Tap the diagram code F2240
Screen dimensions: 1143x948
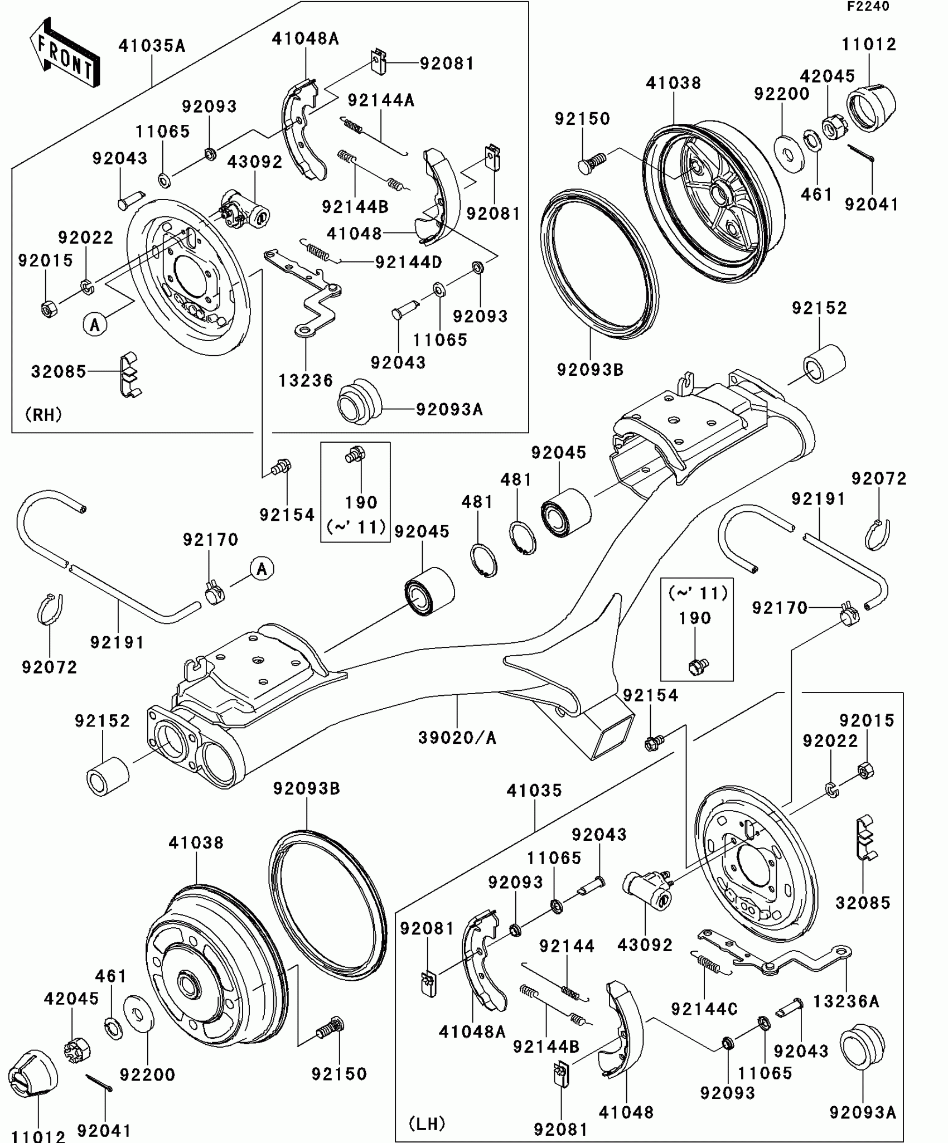(868, 7)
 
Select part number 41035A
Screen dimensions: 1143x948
(151, 46)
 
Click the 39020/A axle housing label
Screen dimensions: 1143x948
(457, 738)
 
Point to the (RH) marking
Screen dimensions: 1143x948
(43, 414)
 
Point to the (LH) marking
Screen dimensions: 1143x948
(427, 1123)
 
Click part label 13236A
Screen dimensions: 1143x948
(846, 1001)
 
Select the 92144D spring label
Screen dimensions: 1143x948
(408, 262)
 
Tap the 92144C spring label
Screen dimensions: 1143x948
(704, 1009)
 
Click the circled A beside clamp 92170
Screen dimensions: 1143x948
(262, 569)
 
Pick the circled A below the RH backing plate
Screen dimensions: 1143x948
(95, 324)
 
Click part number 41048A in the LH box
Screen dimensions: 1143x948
(472, 1031)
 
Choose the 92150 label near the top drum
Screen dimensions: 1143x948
(582, 119)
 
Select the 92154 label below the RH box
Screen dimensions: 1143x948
(287, 515)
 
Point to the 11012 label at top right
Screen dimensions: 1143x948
(869, 45)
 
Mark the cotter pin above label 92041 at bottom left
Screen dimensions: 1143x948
(100, 1083)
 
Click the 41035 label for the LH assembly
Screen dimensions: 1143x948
(534, 790)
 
